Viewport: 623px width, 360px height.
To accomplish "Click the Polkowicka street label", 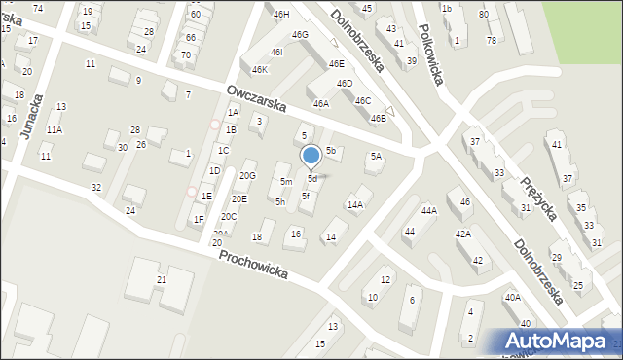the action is (x=428, y=54).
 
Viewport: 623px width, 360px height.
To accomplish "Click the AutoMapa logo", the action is (x=558, y=341).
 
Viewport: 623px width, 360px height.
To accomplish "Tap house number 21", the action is (x=162, y=280).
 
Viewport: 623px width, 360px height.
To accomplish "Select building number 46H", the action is (x=281, y=15).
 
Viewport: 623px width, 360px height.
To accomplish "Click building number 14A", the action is (x=355, y=204).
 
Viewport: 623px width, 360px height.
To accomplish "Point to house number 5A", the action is (x=375, y=156).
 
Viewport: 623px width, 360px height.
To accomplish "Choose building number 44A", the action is (x=428, y=210).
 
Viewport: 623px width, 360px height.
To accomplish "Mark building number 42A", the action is (x=463, y=234).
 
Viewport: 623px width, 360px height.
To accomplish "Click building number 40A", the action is (x=512, y=298).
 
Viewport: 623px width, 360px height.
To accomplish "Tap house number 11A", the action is (x=55, y=129).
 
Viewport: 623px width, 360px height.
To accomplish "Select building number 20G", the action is (x=247, y=175).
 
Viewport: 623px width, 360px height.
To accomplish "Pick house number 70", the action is (x=185, y=55).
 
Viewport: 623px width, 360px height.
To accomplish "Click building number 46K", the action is (x=259, y=70).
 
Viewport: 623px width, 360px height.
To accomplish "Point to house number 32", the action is (x=95, y=187).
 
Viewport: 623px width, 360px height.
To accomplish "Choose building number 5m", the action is (x=286, y=182).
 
